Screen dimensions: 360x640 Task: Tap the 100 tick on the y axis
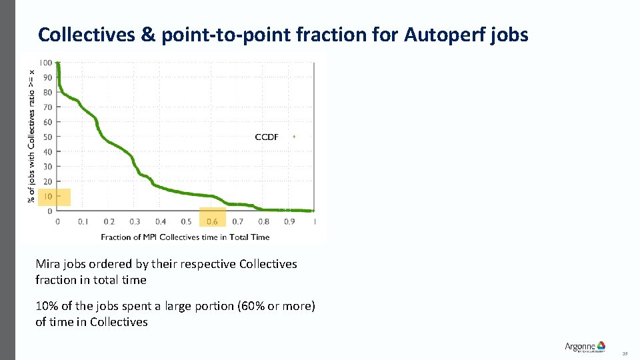click(45, 63)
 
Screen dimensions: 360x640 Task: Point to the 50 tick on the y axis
click(47, 137)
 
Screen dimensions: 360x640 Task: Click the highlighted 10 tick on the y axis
click(47, 197)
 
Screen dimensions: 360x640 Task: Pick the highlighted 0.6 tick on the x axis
click(212, 221)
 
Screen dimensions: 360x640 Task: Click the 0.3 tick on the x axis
click(135, 221)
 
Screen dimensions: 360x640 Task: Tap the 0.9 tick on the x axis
click(289, 221)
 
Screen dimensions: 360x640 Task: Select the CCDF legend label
click(267, 137)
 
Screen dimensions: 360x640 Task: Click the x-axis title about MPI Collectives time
click(185, 237)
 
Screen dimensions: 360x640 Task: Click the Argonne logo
click(585, 347)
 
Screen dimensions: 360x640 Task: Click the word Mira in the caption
click(49, 264)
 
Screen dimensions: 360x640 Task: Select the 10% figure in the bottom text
click(47, 306)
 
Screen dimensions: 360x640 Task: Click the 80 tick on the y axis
click(47, 92)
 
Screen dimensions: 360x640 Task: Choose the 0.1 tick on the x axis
click(83, 221)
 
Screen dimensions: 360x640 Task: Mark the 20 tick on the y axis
click(47, 181)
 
